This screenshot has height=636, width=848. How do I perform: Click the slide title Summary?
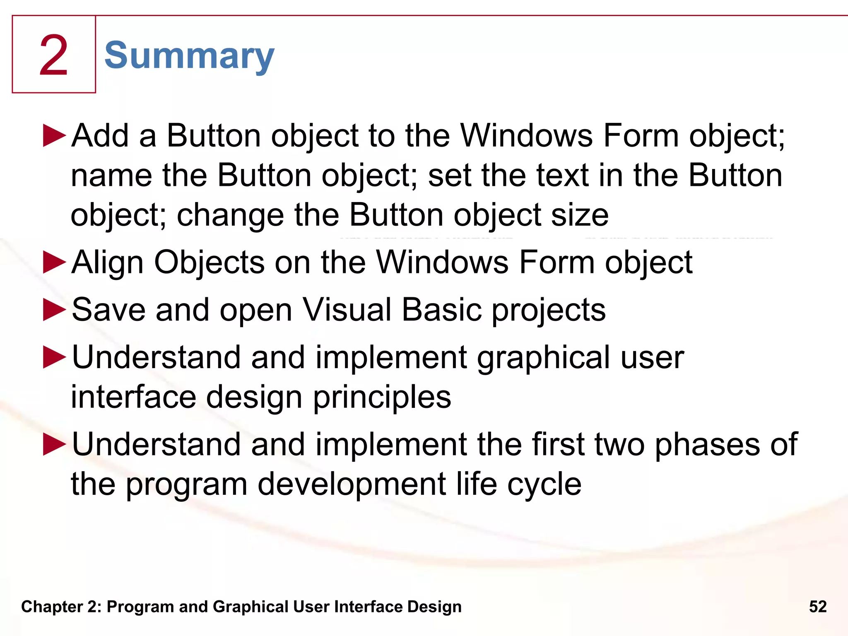pyautogui.click(x=189, y=56)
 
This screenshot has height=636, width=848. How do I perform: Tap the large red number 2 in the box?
pyautogui.click(x=54, y=56)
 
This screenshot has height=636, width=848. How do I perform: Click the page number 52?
pyautogui.click(x=818, y=607)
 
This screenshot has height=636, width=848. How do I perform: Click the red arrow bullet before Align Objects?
pyautogui.click(x=54, y=263)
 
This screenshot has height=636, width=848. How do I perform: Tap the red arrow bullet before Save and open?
pyautogui.click(x=54, y=310)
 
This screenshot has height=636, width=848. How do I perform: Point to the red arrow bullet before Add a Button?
pyautogui.click(x=54, y=135)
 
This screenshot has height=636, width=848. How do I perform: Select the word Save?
pyautogui.click(x=108, y=310)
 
